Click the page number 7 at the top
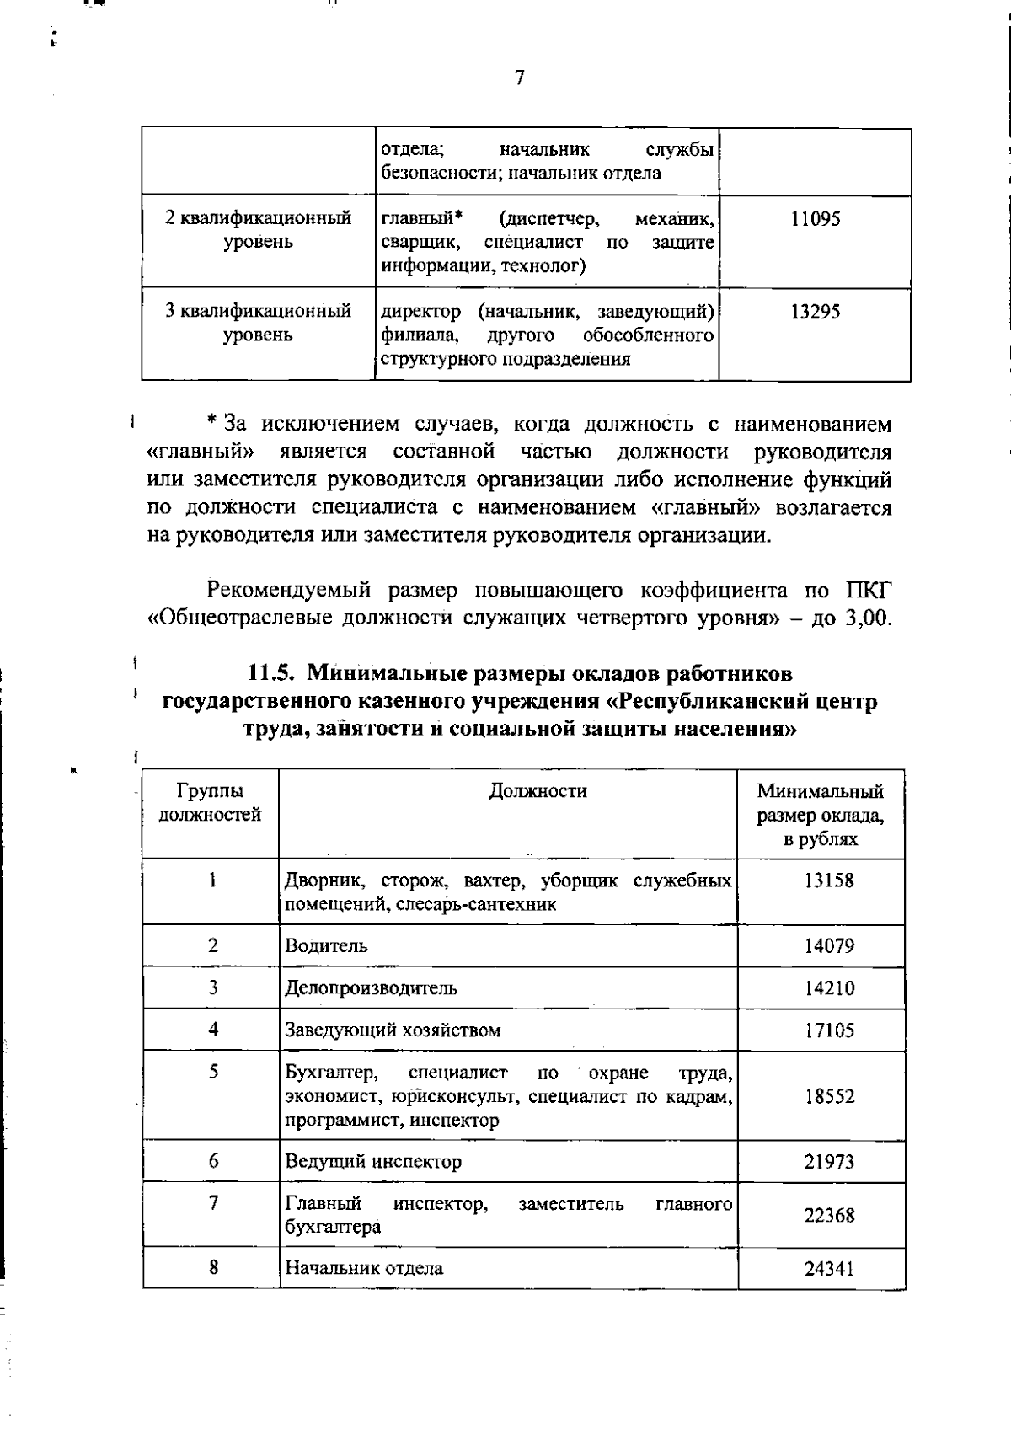point(519,78)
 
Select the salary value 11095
point(815,219)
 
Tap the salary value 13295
point(815,312)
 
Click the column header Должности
point(538,791)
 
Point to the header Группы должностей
point(211,803)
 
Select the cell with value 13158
point(828,880)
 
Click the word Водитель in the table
point(326,945)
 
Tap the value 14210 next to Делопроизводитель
point(828,987)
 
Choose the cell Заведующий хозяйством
point(393,1030)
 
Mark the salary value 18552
point(828,1096)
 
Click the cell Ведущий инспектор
point(373,1162)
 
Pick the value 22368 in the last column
point(828,1216)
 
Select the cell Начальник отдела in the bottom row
point(364,1268)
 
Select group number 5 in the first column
point(214,1072)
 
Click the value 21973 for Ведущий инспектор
point(828,1162)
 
